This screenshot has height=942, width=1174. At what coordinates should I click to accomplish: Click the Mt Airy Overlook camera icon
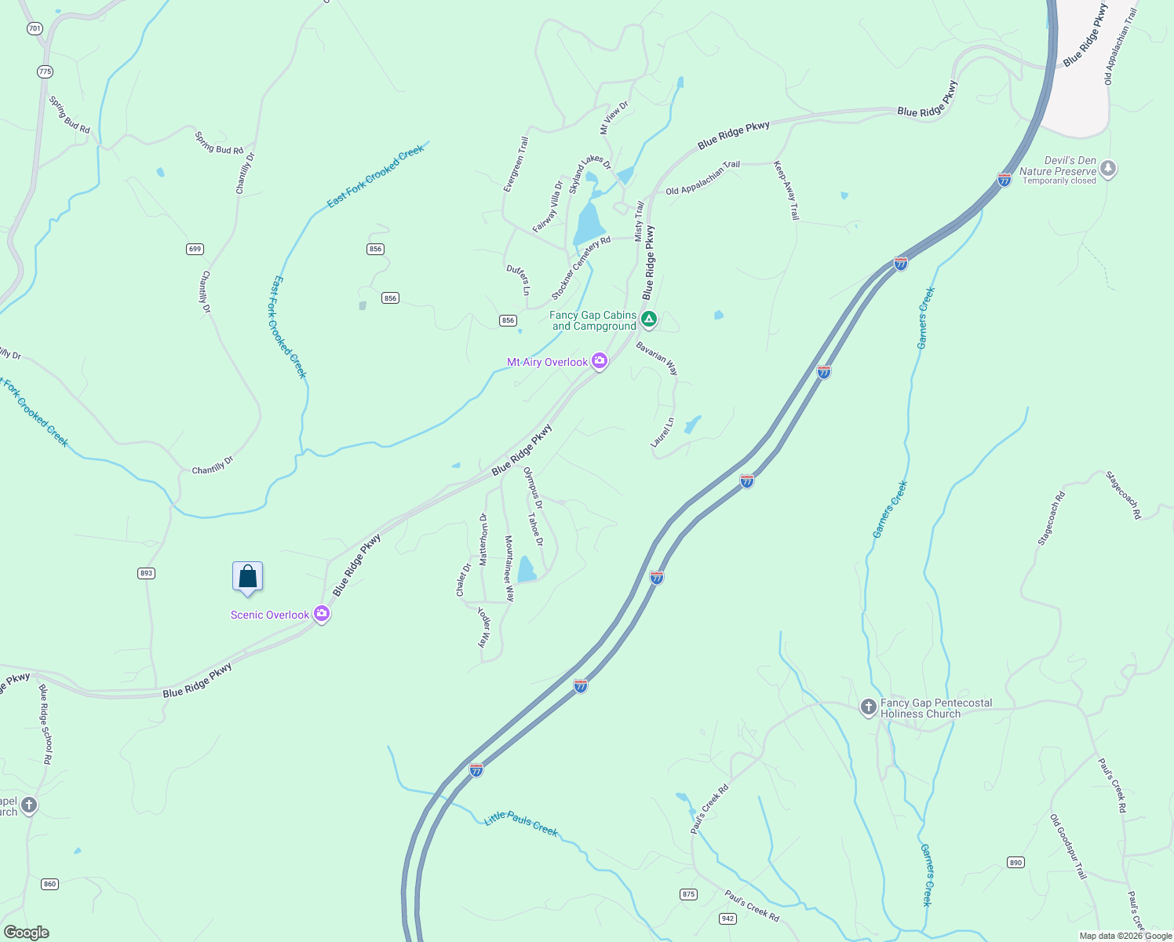(x=600, y=361)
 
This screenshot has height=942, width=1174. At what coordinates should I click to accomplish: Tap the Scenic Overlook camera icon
(x=321, y=614)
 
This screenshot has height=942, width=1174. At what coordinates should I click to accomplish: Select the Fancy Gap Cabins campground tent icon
(x=649, y=319)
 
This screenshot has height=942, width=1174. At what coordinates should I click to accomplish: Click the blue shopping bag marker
(x=248, y=577)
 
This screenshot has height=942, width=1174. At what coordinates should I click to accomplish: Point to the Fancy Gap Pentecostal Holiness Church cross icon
(x=868, y=707)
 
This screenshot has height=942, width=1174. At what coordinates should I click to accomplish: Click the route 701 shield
(x=34, y=28)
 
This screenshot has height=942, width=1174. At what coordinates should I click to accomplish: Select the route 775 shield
(x=45, y=71)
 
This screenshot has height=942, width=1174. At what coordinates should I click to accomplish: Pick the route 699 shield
(x=195, y=249)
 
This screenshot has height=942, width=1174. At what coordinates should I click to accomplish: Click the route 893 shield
(x=146, y=573)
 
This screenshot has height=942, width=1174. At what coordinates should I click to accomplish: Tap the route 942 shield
(x=727, y=918)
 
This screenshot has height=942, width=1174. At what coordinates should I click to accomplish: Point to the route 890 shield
(x=1015, y=863)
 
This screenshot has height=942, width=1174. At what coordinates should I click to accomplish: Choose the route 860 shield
(x=50, y=884)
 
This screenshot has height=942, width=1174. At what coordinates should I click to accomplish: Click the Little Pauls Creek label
(x=521, y=823)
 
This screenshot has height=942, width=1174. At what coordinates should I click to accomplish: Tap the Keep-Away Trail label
(x=786, y=191)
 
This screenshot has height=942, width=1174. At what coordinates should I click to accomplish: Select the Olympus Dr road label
(x=533, y=484)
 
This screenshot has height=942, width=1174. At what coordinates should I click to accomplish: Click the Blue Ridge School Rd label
(x=46, y=725)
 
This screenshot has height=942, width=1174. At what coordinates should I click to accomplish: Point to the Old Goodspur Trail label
(x=1069, y=846)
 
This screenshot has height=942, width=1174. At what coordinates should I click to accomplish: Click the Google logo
(x=27, y=933)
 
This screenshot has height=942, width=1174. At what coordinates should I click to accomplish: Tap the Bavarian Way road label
(x=657, y=358)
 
